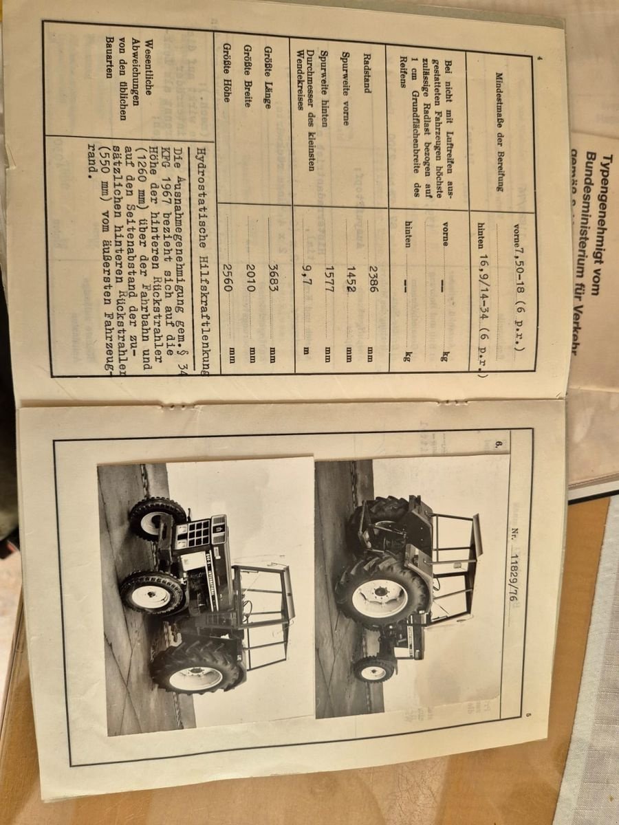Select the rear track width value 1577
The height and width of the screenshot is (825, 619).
[329, 278]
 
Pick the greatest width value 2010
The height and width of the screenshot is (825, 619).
[250, 279]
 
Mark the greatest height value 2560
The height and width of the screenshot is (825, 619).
[228, 279]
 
